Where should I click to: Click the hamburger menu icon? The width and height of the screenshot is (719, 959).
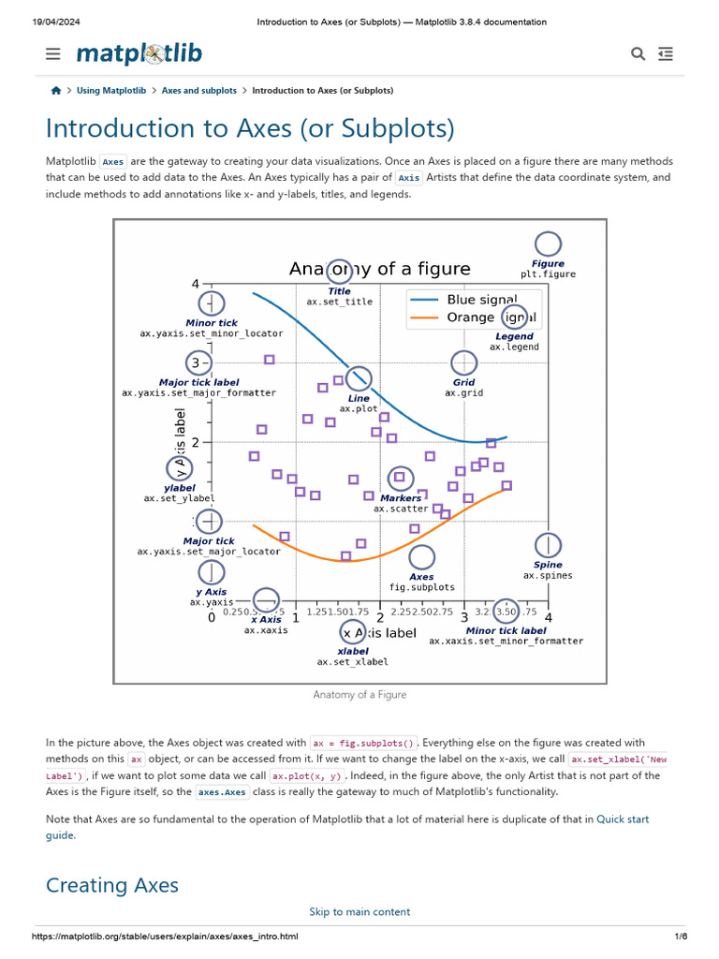pos(53,54)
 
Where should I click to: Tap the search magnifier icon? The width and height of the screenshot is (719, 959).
pos(638,54)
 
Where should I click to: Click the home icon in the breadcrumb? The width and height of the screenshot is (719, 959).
pos(56,91)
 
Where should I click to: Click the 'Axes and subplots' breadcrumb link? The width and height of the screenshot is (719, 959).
pos(198,91)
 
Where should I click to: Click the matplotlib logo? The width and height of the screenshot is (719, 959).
pos(139,53)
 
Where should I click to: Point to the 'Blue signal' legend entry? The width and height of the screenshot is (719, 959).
pos(481,300)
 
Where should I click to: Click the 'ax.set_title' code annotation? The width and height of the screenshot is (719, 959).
pos(339,302)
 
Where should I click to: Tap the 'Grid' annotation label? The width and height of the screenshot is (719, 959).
pos(463,382)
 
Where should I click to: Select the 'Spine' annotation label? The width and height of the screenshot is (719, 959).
pos(548,565)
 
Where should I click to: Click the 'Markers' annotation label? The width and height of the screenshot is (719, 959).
pos(401,498)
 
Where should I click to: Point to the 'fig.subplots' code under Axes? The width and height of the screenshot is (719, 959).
pos(422,587)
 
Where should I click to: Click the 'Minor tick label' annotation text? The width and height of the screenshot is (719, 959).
pos(506,631)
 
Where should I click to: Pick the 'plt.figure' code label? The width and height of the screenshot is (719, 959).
pos(549,274)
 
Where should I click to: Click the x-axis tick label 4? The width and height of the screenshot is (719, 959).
pos(548,617)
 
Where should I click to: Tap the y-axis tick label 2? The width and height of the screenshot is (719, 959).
pos(195,442)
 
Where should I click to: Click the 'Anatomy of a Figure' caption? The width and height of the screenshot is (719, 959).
pos(359,695)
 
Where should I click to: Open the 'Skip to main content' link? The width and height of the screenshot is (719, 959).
pos(359,911)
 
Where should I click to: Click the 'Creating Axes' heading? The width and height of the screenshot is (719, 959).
pos(111,885)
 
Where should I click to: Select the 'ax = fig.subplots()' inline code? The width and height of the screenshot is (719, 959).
pos(364,743)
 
